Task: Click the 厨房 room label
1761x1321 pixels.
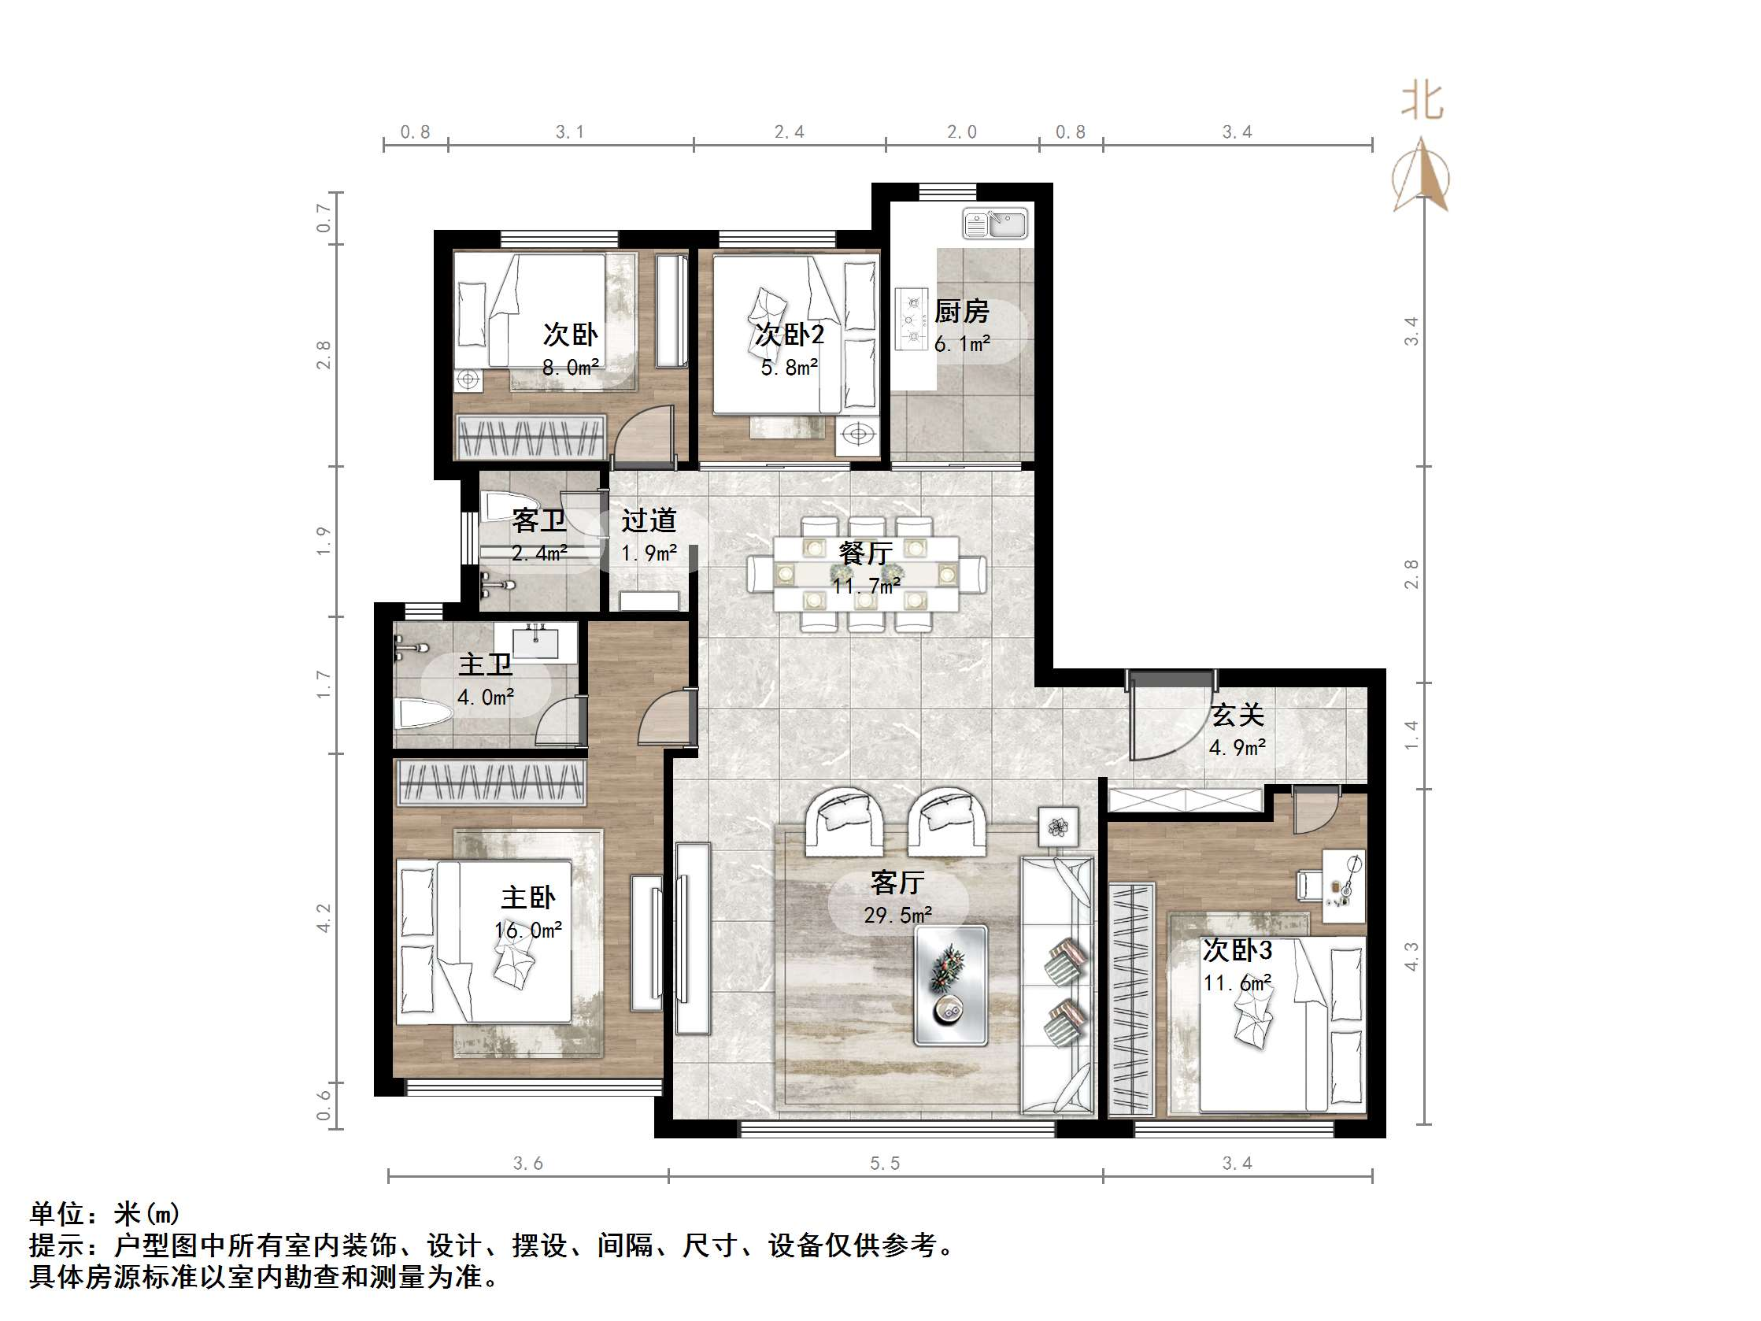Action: [x=961, y=311]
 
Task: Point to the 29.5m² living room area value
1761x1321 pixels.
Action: [x=898, y=916]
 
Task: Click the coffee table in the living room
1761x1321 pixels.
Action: [x=950, y=984]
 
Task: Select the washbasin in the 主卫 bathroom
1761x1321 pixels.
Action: [x=536, y=642]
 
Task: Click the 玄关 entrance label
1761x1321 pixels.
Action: [x=1238, y=715]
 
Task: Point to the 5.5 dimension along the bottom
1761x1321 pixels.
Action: [x=885, y=1164]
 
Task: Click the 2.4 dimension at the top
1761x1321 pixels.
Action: [x=789, y=132]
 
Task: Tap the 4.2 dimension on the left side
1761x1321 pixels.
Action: [x=324, y=918]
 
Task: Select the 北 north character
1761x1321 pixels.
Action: [x=1421, y=102]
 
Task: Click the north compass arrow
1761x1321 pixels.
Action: [x=1421, y=177]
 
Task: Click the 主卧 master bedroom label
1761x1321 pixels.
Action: [x=527, y=898]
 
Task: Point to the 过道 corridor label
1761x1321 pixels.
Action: [x=649, y=520]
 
